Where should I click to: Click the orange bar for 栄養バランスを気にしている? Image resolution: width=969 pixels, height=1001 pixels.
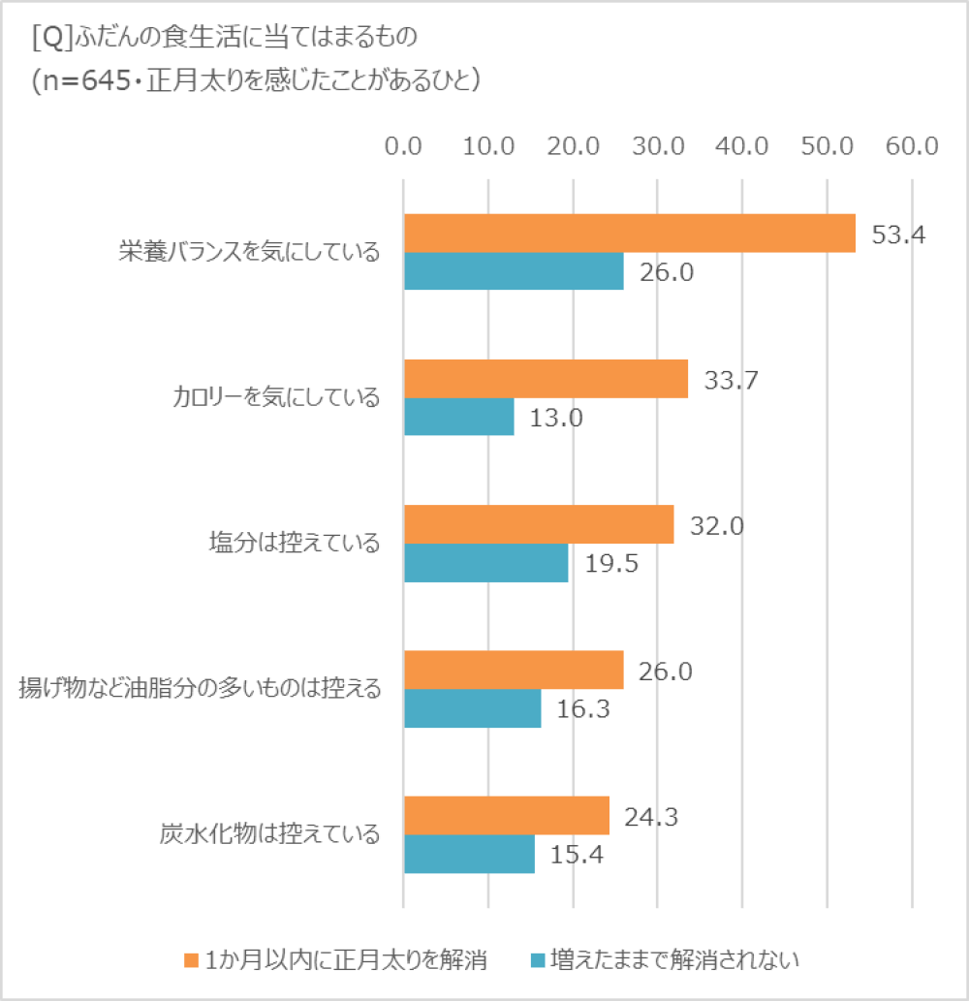[x=629, y=233]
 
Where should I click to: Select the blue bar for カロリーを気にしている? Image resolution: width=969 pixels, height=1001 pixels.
[x=458, y=417]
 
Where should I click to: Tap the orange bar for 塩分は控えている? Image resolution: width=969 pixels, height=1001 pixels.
[x=538, y=524]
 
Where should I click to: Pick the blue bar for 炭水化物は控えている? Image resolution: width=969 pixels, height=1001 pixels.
[x=469, y=854]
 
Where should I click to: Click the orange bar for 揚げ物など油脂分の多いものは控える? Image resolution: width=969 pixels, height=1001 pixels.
[x=513, y=670]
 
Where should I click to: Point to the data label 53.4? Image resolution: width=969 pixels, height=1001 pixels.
[x=898, y=235]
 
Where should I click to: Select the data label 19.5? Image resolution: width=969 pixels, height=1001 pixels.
[x=610, y=564]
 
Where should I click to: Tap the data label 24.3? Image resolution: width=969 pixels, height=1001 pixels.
[x=651, y=817]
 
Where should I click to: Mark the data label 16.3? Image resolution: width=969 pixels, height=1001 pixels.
[x=583, y=709]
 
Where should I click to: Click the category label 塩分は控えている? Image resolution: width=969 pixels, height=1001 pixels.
[x=294, y=544]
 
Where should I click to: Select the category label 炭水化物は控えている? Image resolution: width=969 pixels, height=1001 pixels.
[x=268, y=834]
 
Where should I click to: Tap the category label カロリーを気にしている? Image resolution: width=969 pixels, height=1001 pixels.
[x=275, y=397]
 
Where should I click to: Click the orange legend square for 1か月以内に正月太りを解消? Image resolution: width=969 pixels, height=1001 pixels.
[x=190, y=960]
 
